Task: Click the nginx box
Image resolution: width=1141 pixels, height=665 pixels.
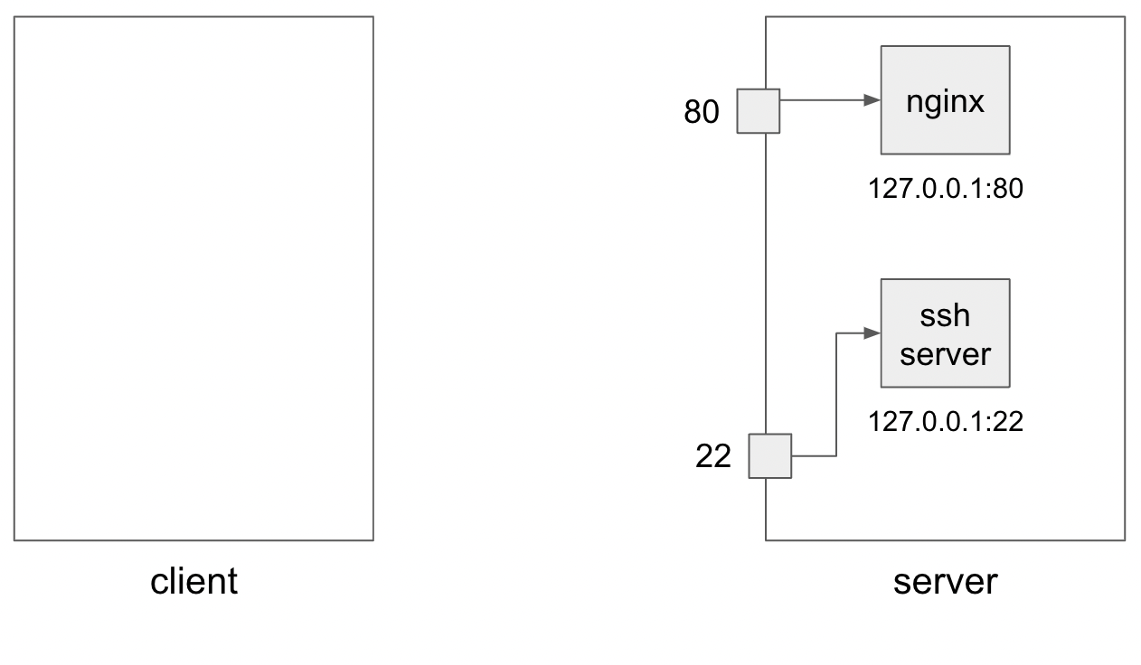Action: coord(945,100)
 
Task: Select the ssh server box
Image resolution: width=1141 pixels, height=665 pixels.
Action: coord(945,333)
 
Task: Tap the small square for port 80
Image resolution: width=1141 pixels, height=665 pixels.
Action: coord(758,111)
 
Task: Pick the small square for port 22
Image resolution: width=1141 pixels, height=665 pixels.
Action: coord(769,456)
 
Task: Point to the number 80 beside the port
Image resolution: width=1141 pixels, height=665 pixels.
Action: coord(702,113)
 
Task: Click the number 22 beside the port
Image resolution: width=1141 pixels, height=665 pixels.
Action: coord(712,457)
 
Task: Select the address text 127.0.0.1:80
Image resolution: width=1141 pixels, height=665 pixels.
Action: coord(945,188)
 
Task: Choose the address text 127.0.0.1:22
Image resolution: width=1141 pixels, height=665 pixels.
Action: coord(945,421)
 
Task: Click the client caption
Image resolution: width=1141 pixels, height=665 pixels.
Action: coord(193,581)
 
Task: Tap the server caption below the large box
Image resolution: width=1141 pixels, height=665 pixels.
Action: coord(945,581)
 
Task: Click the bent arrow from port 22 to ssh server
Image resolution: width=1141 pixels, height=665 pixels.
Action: coord(836,398)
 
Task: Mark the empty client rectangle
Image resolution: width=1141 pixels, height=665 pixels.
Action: coord(193,278)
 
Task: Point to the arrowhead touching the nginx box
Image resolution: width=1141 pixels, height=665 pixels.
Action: coord(872,100)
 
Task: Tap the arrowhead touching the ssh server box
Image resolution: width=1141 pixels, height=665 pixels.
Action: coord(872,333)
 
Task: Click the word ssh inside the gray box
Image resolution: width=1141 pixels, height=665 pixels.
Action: coord(945,316)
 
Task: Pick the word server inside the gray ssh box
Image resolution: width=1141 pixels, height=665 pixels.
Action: coord(945,353)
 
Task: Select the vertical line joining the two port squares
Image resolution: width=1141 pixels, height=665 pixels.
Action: coord(766,280)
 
